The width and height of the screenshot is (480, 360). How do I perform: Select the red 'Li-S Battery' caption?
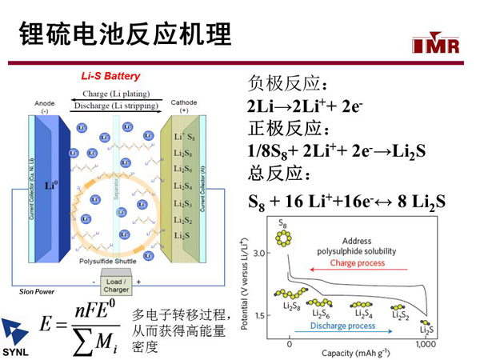click(110, 77)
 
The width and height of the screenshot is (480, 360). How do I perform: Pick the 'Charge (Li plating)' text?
click(117, 93)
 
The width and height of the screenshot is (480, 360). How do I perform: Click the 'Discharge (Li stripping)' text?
click(117, 106)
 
